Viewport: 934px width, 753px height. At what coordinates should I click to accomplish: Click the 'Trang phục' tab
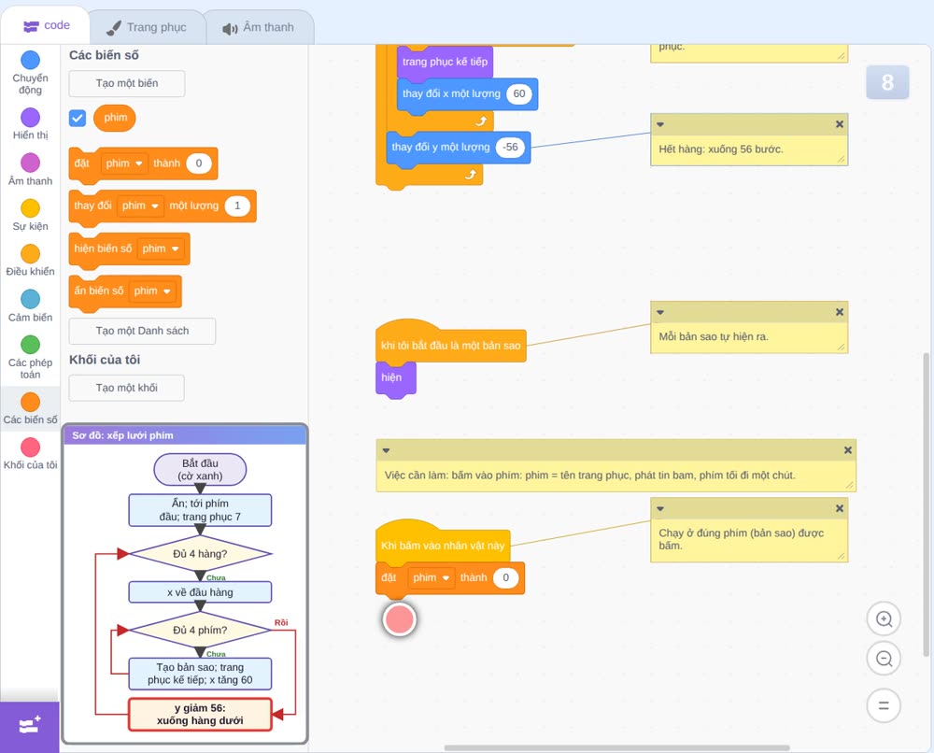147,27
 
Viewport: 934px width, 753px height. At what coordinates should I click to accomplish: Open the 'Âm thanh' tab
259,27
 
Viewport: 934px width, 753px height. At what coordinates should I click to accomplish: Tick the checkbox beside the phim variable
78,118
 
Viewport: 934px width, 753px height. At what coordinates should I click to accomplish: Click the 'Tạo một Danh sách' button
142,331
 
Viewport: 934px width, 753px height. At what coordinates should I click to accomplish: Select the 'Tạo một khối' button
127,388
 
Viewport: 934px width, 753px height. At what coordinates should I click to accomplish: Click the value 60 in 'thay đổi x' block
518,93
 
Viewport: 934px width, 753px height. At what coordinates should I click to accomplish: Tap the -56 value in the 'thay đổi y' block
510,148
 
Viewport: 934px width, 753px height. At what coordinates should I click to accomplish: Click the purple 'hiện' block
395,377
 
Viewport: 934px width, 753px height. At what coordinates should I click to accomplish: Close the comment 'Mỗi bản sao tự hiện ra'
840,312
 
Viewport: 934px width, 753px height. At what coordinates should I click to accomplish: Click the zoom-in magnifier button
884,619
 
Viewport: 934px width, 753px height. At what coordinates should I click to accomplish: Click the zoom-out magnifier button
884,659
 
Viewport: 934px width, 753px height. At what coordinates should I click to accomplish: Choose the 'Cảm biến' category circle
31,299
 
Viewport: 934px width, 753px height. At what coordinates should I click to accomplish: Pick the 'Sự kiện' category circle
31,208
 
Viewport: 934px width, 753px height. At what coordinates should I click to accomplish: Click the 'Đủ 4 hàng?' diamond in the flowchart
200,553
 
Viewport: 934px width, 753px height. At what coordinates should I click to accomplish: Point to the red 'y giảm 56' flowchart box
200,715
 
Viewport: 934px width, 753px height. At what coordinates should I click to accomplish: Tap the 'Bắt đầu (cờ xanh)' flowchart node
200,469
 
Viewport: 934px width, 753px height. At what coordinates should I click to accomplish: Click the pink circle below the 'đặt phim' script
399,619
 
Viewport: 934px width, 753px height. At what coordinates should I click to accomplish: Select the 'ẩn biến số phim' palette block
125,291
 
